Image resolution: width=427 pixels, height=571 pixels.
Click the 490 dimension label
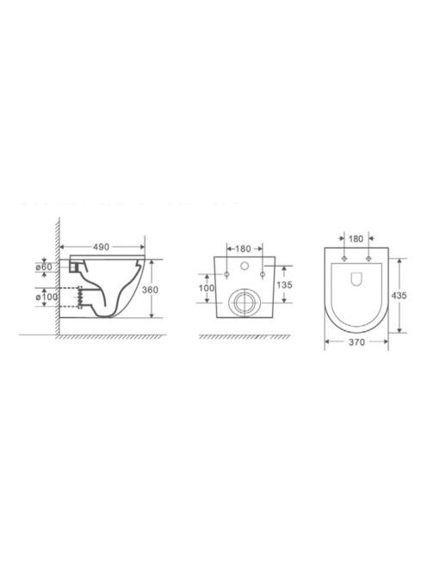click(101, 247)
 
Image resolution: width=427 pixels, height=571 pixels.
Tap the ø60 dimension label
click(44, 267)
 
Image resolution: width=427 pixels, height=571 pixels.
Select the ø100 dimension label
click(46, 297)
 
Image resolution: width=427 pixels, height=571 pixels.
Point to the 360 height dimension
click(150, 290)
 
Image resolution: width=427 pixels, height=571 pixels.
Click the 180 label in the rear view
click(244, 249)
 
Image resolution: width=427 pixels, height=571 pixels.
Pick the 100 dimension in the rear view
click(207, 288)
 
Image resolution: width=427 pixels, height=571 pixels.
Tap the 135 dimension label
click(284, 285)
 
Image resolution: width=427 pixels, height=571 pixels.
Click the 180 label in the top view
click(356, 238)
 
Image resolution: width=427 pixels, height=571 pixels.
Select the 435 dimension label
click(399, 296)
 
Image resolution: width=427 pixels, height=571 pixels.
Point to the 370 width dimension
click(356, 342)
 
